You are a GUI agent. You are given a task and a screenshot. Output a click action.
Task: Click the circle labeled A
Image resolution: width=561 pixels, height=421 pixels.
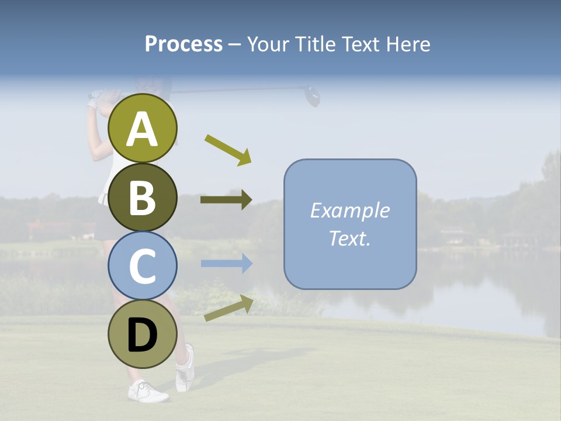pos(143,128)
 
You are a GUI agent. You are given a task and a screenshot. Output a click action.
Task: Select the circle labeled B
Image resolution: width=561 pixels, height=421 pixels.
pos(143,197)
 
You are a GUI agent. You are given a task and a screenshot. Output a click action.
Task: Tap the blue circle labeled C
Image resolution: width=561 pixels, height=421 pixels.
pos(143,265)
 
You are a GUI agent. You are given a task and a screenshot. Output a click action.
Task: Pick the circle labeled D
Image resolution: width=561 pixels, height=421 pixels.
pos(143,334)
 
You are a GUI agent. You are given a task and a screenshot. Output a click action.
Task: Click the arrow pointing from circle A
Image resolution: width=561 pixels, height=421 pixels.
pos(228,150)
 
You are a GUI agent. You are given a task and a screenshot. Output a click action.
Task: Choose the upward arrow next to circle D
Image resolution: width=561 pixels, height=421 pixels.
pos(228,308)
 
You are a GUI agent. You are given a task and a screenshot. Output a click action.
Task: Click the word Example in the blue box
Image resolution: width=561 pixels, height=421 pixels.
pos(349,210)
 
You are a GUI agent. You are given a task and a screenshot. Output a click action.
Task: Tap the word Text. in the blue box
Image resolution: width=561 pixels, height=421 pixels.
pos(349,238)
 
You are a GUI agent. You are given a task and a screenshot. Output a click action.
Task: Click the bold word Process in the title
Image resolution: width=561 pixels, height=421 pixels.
pos(183,44)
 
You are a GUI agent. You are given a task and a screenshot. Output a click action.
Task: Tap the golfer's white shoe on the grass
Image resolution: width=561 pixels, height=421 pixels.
pos(148,391)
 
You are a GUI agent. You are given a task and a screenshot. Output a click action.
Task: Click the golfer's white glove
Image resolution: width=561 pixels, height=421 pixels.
pos(93,103)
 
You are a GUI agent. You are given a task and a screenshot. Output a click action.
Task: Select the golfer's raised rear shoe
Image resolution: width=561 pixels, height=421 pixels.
pos(185,369)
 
